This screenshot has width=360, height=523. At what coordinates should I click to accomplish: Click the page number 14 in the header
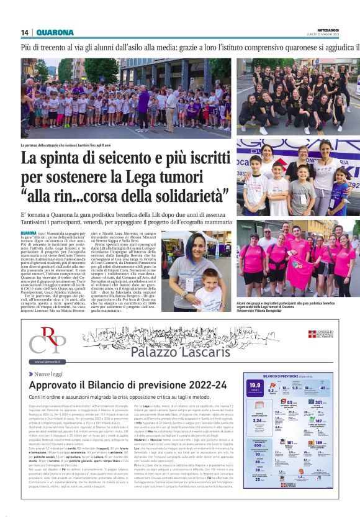[25, 32]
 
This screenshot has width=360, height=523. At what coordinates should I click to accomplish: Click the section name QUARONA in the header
[55, 32]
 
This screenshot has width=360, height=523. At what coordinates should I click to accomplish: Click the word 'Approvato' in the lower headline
[55, 386]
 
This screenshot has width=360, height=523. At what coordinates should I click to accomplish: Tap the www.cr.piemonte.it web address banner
[48, 362]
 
